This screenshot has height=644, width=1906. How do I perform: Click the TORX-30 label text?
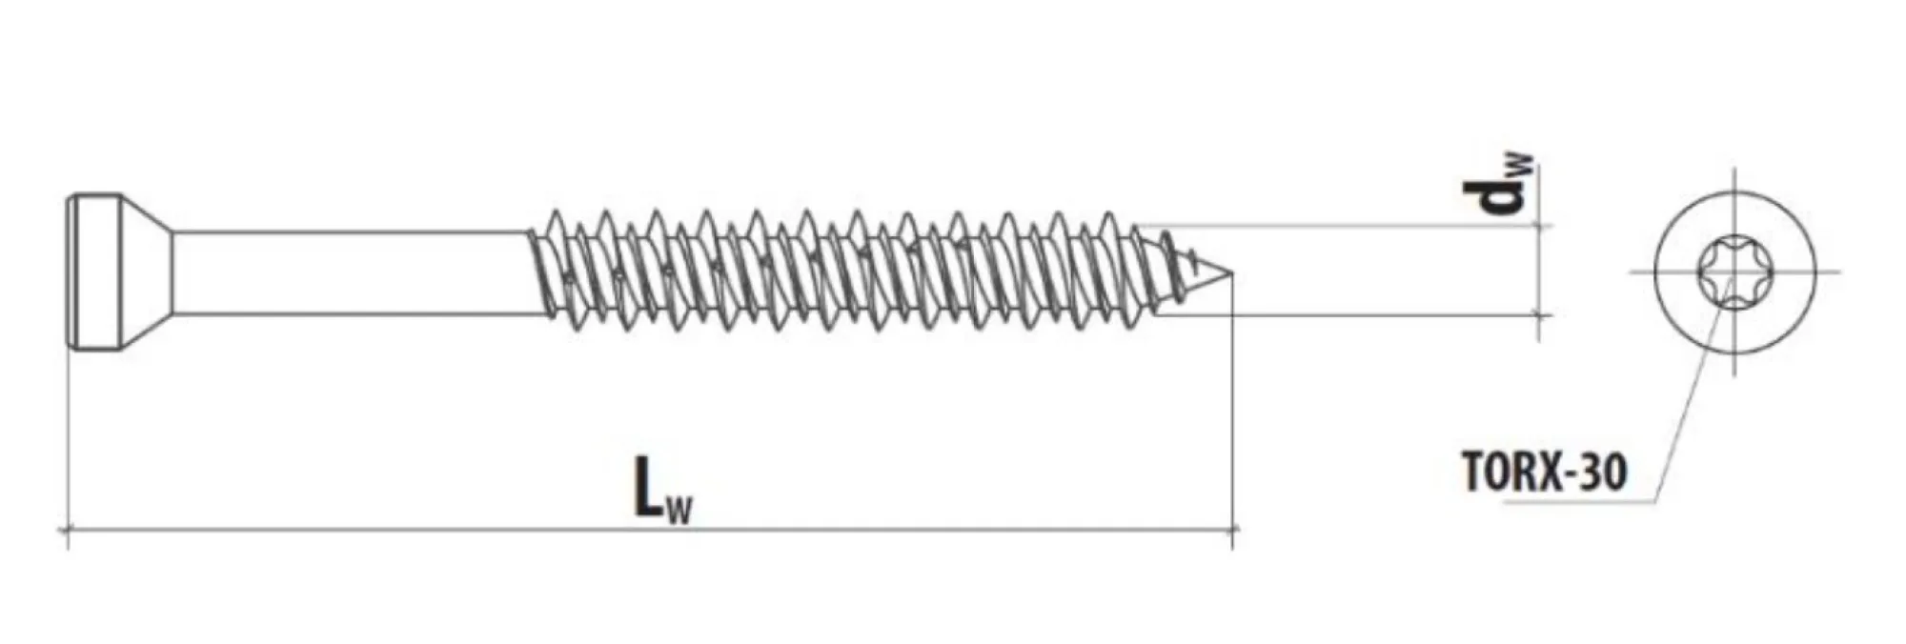1544,472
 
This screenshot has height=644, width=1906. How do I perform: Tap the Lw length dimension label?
664,490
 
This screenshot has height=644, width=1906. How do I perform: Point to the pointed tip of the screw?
1232,274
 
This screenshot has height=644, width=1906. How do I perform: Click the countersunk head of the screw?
119,274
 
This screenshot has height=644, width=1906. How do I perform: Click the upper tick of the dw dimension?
1539,226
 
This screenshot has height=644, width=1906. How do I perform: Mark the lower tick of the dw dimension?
1539,313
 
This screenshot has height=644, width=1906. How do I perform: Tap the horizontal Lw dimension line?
650,529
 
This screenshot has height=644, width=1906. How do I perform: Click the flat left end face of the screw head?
69,274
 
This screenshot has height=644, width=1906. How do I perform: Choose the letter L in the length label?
649,487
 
